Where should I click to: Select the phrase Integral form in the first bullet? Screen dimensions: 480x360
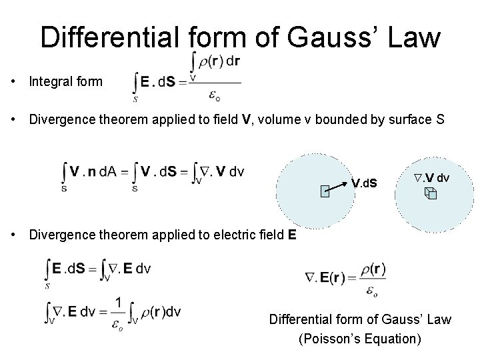click(66, 82)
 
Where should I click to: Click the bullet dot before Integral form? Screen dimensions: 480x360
click(14, 82)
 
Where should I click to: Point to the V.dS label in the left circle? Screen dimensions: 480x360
click(364, 182)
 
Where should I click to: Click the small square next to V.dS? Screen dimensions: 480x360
click(324, 193)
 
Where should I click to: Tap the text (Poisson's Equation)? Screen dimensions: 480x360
click(360, 338)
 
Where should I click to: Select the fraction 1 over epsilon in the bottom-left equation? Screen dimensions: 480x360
click(118, 311)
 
